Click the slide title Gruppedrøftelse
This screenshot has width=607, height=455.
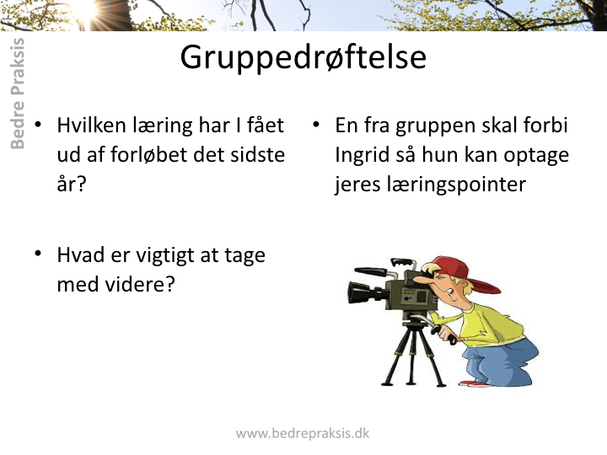click(303, 58)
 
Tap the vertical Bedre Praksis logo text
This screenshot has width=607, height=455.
click(18, 94)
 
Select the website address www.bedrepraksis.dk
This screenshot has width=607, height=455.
click(303, 433)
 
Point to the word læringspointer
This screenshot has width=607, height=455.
click(431, 185)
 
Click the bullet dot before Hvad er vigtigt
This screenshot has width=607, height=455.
click(38, 254)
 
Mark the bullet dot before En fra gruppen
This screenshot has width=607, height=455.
click(316, 124)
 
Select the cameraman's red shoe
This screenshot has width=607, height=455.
click(475, 384)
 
